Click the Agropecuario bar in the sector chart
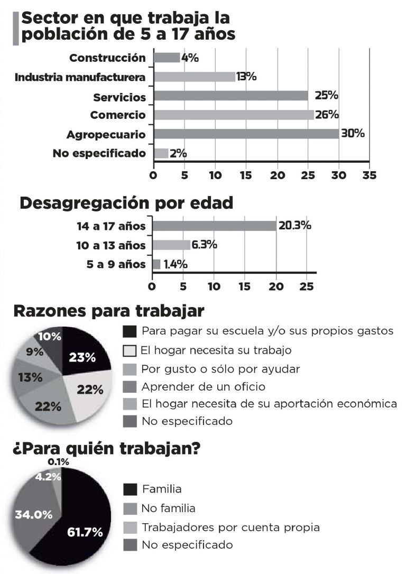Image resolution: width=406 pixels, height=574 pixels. coord(246,134)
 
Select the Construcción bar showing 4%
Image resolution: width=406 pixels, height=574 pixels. coord(167,58)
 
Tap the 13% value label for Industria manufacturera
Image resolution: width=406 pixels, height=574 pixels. coord(246,77)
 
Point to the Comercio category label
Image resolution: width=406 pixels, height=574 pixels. coord(117,115)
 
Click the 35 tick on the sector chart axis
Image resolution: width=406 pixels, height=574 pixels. coord(369,175)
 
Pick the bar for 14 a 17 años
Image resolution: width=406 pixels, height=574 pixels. coord(214,226)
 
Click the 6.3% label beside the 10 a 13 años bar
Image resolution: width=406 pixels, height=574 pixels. coord(205,245)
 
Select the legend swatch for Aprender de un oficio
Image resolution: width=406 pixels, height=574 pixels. coord(130,387)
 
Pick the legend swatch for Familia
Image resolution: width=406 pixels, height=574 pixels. coord(130,489)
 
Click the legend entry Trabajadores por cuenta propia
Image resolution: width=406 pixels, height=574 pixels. coord(230,527)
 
